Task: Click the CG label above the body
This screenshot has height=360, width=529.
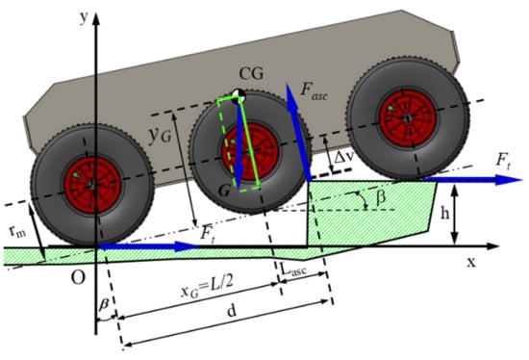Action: (x=251, y=73)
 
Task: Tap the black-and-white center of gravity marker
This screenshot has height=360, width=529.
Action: (x=239, y=95)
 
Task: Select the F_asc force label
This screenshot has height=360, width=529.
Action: (x=314, y=91)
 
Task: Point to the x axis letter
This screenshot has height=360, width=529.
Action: (x=471, y=262)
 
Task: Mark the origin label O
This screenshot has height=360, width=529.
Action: (x=78, y=277)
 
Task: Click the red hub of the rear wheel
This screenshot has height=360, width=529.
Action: (x=92, y=185)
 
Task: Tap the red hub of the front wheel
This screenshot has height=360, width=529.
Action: (x=408, y=118)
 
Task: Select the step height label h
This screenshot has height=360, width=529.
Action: (x=445, y=214)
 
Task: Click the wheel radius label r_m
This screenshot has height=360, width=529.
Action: (x=17, y=231)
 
